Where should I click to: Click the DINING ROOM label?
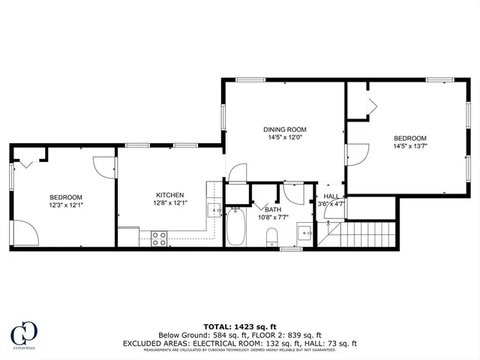pos(284,129)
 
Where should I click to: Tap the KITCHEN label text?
pos(169,194)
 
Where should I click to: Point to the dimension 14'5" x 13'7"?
pos(410,147)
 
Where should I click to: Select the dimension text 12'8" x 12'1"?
pos(169,202)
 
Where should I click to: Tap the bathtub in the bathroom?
pos(236,228)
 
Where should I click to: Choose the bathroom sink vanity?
pos(304,232)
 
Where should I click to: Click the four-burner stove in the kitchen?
pos(159,238)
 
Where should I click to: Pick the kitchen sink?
pos(213,211)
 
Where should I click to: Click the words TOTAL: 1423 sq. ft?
pos(239,326)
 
